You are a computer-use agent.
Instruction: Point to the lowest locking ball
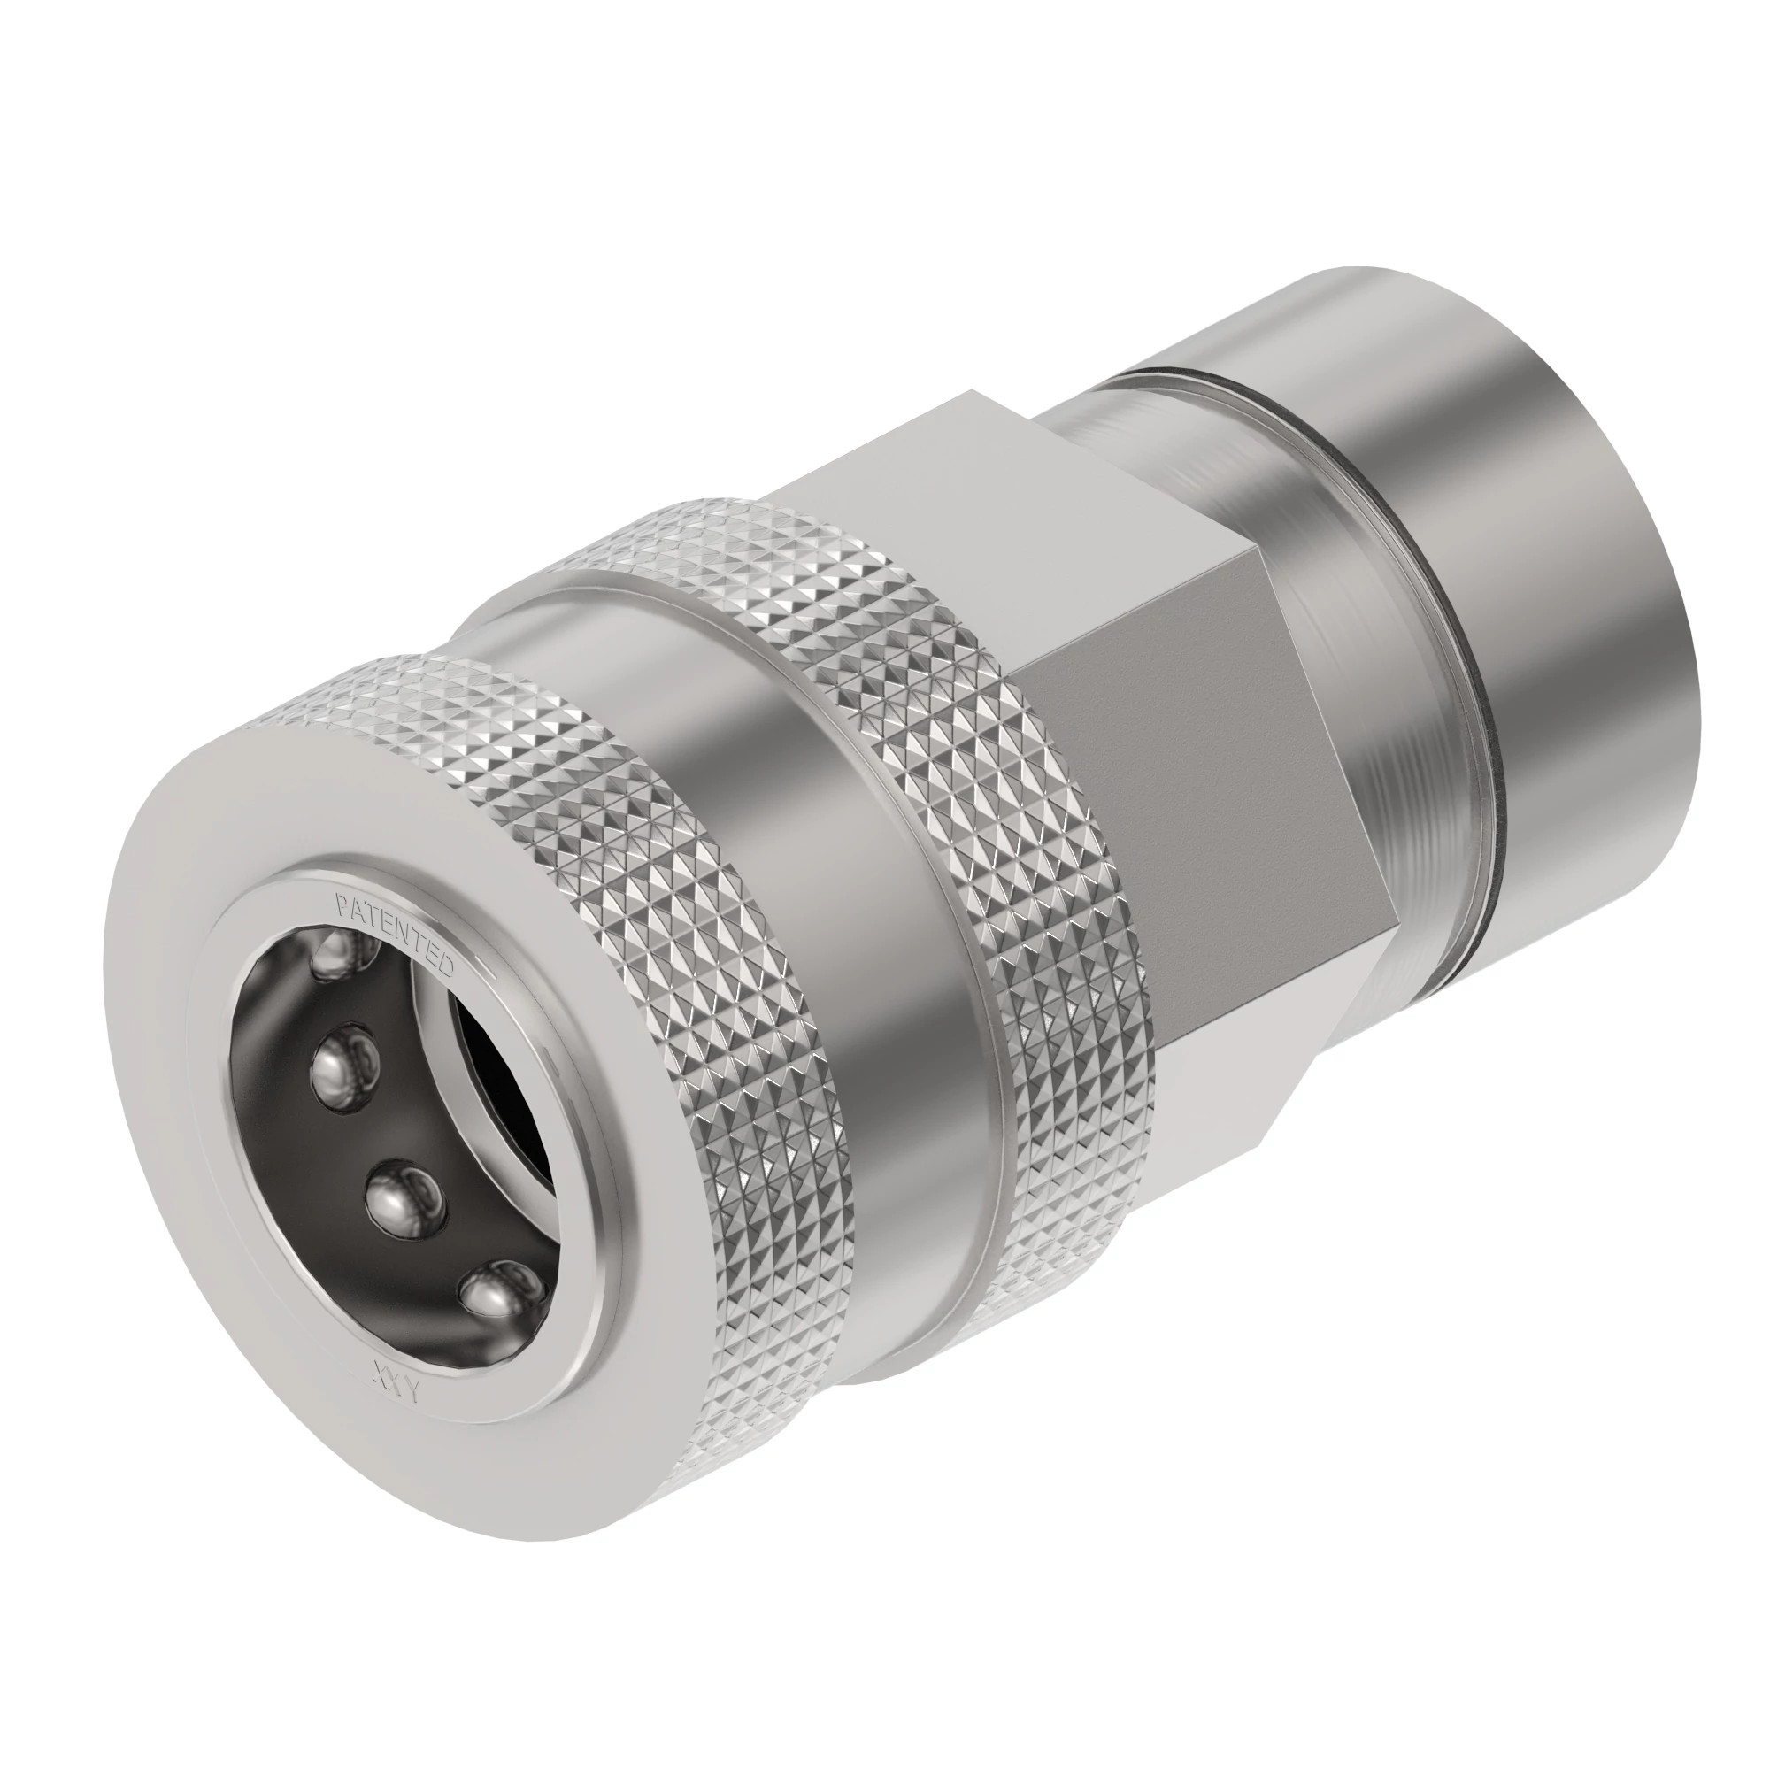pos(495,1292)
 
